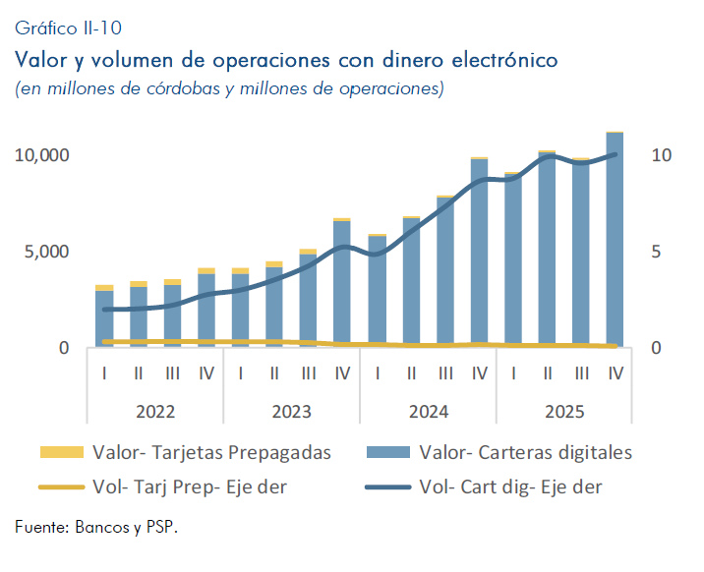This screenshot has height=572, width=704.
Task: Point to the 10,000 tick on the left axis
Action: pyautogui.click(x=41, y=155)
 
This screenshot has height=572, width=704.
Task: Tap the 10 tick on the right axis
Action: pyautogui.click(x=661, y=155)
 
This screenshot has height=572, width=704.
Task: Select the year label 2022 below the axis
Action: pyautogui.click(x=155, y=411)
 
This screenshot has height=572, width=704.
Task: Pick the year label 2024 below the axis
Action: pyautogui.click(x=428, y=411)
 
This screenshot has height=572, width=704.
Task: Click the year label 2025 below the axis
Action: pyautogui.click(x=564, y=411)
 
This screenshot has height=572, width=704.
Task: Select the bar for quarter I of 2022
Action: pyautogui.click(x=104, y=319)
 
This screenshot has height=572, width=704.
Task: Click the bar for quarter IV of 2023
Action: pyautogui.click(x=342, y=285)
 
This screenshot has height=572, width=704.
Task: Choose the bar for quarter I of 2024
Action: pyautogui.click(x=377, y=292)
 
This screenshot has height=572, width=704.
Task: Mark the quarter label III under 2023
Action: pyautogui.click(x=309, y=373)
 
